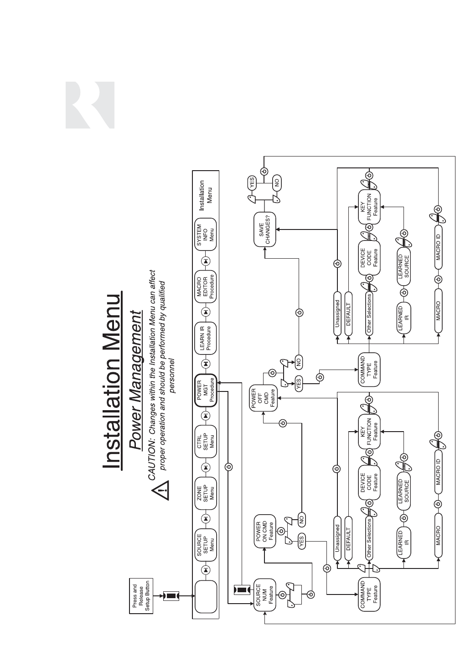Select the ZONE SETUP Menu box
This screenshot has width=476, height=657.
tap(206, 493)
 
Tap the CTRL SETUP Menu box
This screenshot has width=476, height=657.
tap(206, 441)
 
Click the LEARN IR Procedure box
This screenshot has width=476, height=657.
tap(206, 338)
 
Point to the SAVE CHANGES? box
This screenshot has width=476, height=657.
tap(265, 230)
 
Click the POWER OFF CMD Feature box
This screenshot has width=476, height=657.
tap(263, 398)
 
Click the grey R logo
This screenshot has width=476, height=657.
tap(90, 105)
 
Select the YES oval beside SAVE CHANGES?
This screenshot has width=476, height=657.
tap(252, 183)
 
